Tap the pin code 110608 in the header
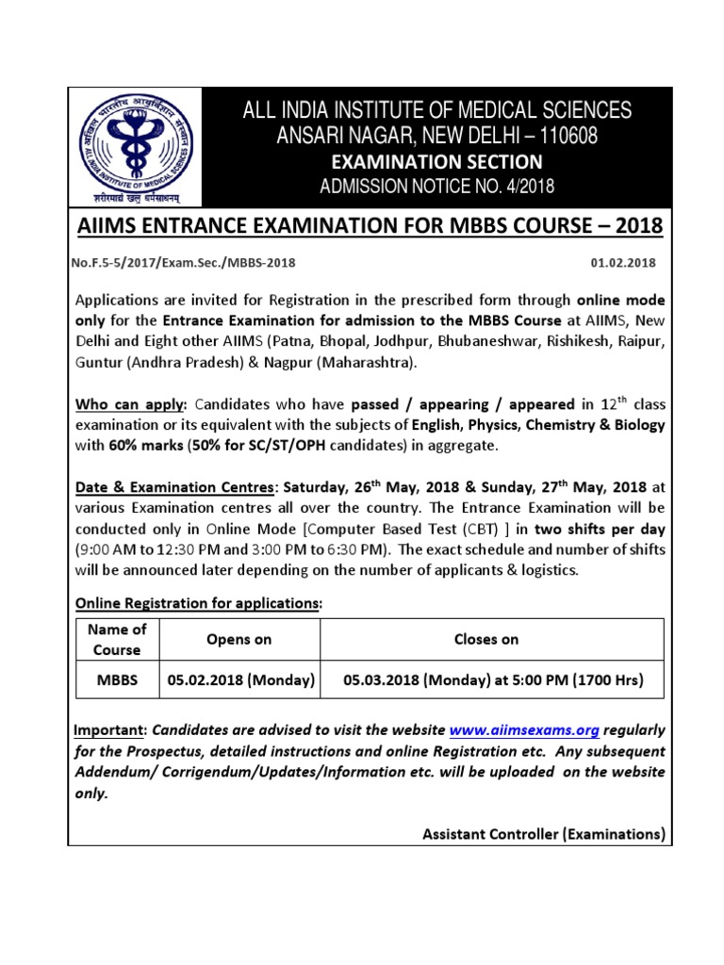click(566, 137)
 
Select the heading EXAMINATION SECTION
click(436, 162)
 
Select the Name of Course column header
click(117, 639)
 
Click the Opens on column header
click(239, 639)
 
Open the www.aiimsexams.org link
click(509, 730)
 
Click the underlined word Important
click(110, 730)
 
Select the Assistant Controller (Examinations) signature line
click(544, 834)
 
